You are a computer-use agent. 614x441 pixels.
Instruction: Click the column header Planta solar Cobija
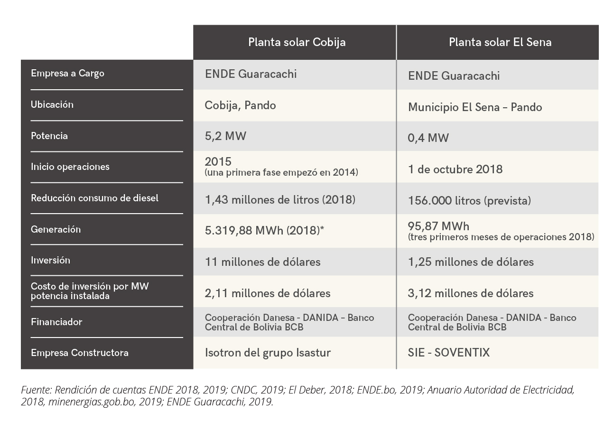pyautogui.click(x=297, y=42)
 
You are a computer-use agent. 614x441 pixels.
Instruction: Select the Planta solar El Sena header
pyautogui.click(x=500, y=42)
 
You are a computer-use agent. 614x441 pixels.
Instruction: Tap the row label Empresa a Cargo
pyautogui.click(x=67, y=74)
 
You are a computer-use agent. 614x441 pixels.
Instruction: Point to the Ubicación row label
pyautogui.click(x=52, y=104)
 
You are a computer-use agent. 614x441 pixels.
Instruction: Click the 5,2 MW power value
pyautogui.click(x=225, y=136)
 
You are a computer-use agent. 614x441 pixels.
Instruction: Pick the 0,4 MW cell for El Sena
pyautogui.click(x=428, y=138)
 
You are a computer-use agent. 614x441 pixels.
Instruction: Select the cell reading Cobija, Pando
pyautogui.click(x=240, y=105)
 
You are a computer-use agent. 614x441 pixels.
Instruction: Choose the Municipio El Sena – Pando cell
pyautogui.click(x=474, y=107)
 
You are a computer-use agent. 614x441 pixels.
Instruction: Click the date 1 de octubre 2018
pyautogui.click(x=455, y=169)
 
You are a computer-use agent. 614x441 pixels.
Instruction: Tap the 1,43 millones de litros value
pyautogui.click(x=279, y=200)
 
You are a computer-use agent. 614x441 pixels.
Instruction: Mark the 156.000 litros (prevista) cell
pyautogui.click(x=469, y=201)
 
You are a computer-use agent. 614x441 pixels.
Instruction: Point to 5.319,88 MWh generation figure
pyautogui.click(x=264, y=231)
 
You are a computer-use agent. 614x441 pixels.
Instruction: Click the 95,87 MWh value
pyautogui.click(x=438, y=226)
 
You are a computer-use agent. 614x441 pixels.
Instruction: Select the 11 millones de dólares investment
pyautogui.click(x=262, y=262)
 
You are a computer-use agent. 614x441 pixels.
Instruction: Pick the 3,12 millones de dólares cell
pyautogui.click(x=470, y=293)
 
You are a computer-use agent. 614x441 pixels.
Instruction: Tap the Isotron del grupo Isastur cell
pyautogui.click(x=268, y=353)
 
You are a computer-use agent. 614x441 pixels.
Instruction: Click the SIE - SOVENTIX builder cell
pyautogui.click(x=448, y=353)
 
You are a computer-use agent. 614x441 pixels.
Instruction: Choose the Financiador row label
pyautogui.click(x=56, y=322)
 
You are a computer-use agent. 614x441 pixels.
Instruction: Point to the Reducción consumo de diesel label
pyautogui.click(x=94, y=198)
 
